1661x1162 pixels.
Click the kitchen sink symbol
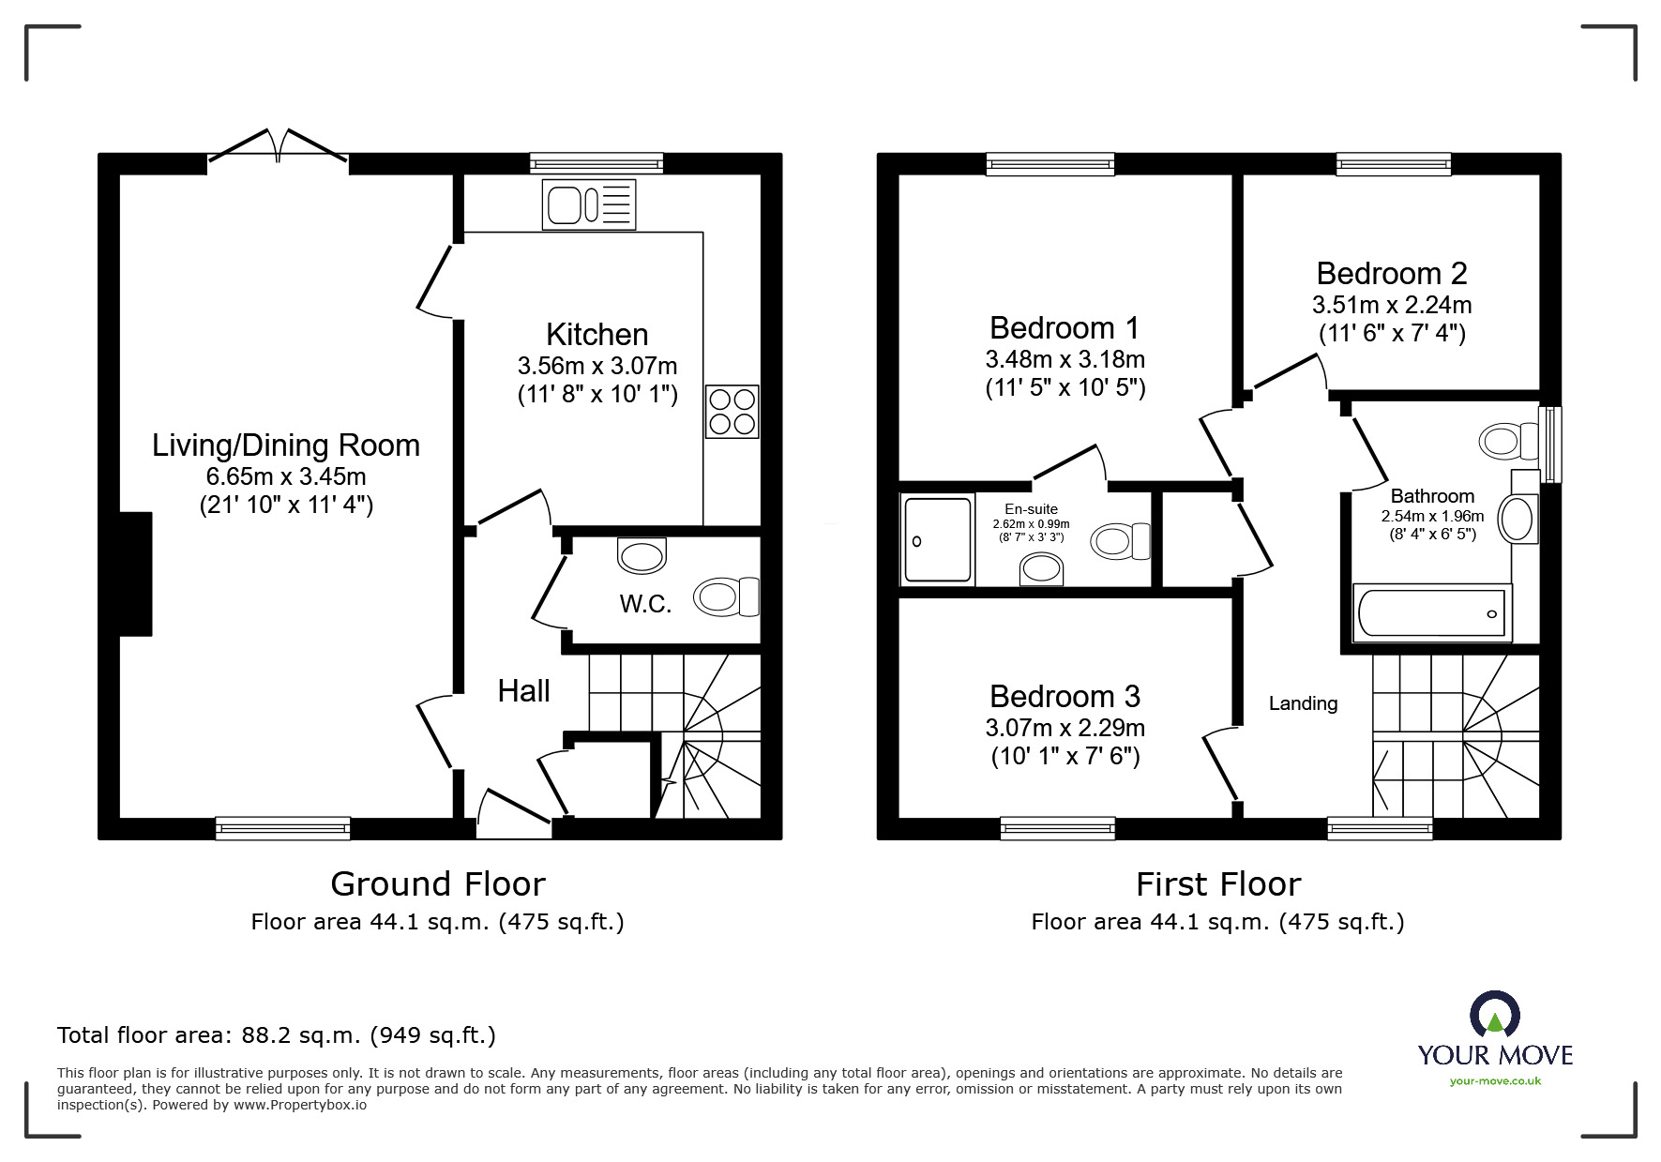coord(589,205)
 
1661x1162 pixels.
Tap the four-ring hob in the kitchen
coord(732,412)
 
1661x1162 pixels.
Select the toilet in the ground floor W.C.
coord(726,596)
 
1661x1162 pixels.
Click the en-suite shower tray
coord(937,540)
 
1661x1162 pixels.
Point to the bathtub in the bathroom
coord(1431,612)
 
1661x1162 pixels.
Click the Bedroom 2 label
coord(1391,274)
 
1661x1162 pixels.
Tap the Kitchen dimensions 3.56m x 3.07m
coord(596,366)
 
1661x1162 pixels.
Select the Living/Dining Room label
coord(286,445)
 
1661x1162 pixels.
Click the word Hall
coord(523,691)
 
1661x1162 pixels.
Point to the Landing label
coord(1303,703)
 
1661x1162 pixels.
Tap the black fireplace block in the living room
coord(136,574)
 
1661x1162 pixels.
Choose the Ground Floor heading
coord(437,884)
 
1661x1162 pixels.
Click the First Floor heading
coord(1217,884)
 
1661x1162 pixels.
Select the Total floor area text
coord(277,1035)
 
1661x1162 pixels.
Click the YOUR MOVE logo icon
coord(1494,1016)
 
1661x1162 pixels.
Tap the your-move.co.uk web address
coord(1495,1081)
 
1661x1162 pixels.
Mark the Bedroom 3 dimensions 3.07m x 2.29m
coord(1065,728)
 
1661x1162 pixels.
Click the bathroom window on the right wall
coord(1551,444)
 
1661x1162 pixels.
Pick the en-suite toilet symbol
coord(1120,541)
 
